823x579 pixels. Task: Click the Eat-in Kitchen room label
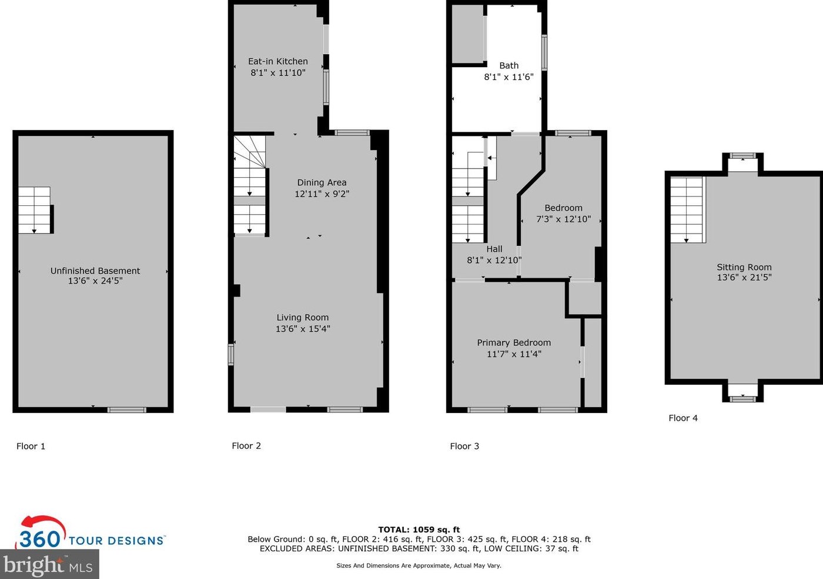[277, 61]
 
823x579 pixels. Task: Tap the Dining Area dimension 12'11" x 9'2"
[322, 194]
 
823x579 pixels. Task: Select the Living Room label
[302, 317]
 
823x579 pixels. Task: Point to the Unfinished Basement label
[95, 271]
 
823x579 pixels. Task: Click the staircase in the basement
[34, 210]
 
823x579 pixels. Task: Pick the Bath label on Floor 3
[508, 65]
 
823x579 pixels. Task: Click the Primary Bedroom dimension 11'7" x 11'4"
[514, 354]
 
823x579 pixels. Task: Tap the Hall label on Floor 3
[494, 249]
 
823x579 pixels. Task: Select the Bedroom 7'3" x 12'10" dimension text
[563, 219]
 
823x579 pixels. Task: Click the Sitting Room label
[744, 267]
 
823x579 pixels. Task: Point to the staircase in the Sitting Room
[687, 209]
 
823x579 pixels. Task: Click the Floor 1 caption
[31, 446]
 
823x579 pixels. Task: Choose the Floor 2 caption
[246, 445]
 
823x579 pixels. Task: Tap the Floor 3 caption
[464, 446]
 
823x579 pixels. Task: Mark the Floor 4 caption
[683, 418]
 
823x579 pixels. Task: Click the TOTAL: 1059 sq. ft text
[419, 530]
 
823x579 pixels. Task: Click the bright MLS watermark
[48, 565]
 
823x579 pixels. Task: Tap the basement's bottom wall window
[126, 410]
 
